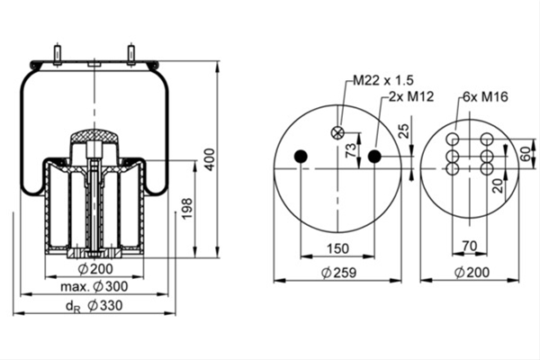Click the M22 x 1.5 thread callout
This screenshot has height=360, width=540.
pyautogui.click(x=383, y=80)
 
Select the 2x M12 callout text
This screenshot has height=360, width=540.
pyautogui.click(x=411, y=97)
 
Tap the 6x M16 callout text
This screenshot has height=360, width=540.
pyautogui.click(x=485, y=97)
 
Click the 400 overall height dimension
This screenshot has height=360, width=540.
pyautogui.click(x=210, y=159)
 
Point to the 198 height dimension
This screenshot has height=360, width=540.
pyautogui.click(x=187, y=209)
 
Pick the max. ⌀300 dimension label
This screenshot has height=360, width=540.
pyautogui.click(x=94, y=286)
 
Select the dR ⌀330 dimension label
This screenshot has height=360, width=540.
pyautogui.click(x=94, y=306)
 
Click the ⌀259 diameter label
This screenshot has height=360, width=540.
pyautogui.click(x=339, y=273)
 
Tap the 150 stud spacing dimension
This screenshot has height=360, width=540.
pyautogui.click(x=337, y=248)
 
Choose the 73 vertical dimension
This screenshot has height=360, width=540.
pyautogui.click(x=351, y=150)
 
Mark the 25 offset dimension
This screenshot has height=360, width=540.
pyautogui.click(x=405, y=130)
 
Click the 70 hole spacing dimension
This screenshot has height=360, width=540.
pyautogui.click(x=470, y=246)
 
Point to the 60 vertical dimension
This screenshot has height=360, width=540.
pyautogui.click(x=526, y=154)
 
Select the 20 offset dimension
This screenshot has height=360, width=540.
pyautogui.click(x=498, y=185)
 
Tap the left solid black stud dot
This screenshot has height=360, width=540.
pyautogui.click(x=301, y=157)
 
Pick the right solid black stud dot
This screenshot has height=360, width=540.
pyautogui.click(x=374, y=157)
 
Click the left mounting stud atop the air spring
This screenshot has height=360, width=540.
pyautogui.click(x=58, y=54)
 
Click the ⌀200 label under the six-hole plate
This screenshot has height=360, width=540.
pyautogui.click(x=472, y=273)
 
